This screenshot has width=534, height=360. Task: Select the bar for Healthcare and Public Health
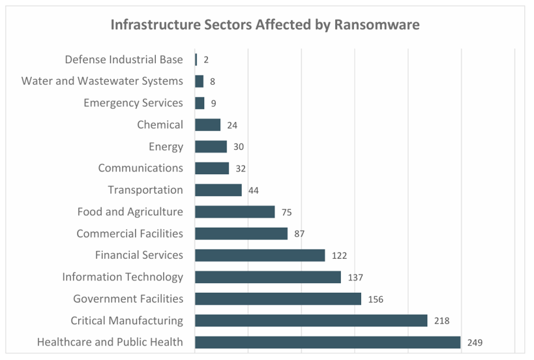(327, 342)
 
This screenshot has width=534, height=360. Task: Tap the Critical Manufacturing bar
(311, 321)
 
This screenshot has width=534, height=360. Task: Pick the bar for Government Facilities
(278, 299)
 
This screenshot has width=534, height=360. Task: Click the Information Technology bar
(267, 277)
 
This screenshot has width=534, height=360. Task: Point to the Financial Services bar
(260, 255)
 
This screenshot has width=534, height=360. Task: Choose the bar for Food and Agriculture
(235, 212)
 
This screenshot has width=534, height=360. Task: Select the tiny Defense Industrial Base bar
(196, 59)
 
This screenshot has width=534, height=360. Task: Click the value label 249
(475, 342)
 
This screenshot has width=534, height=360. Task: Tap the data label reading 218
(441, 321)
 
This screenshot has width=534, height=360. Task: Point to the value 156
(376, 299)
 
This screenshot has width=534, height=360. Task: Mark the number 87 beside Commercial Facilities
(299, 233)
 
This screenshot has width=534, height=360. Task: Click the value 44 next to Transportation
(254, 190)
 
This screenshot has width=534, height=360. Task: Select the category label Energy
(166, 147)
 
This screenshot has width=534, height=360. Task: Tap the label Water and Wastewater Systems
(102, 81)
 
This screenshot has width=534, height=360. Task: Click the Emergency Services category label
(133, 103)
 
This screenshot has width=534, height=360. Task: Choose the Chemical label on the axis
(160, 125)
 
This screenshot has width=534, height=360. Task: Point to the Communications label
(140, 168)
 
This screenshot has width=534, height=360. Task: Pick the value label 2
(206, 60)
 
